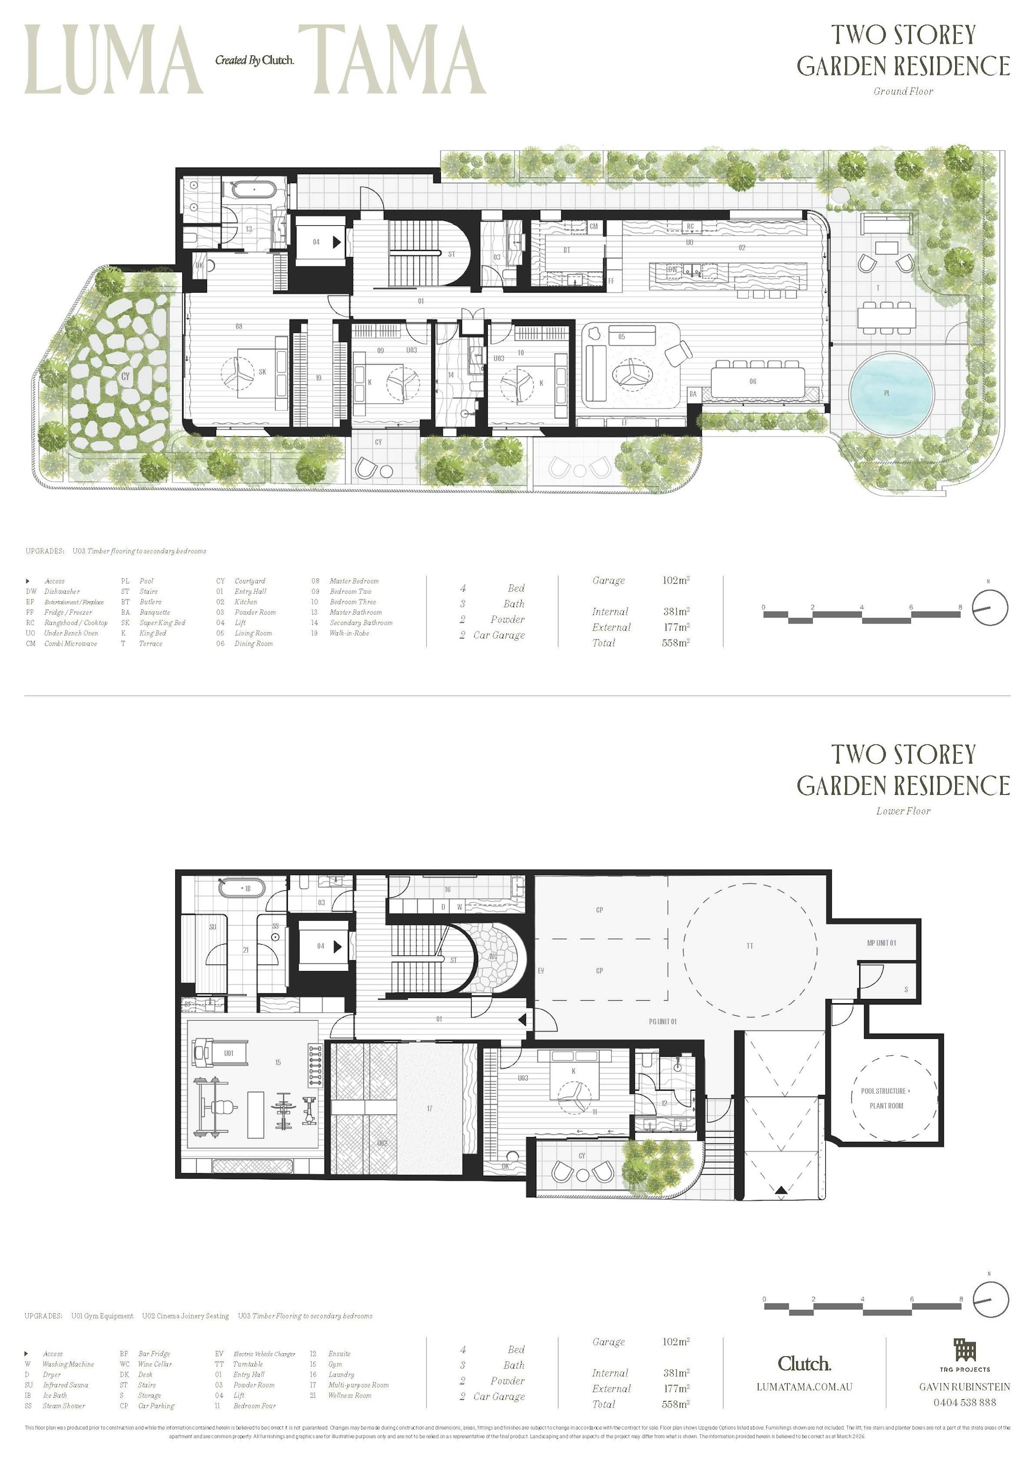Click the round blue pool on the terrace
point(891,393)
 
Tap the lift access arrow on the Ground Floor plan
point(336,242)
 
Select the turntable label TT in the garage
point(750,946)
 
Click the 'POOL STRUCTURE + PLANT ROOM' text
point(886,1098)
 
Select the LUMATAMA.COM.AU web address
point(804,1386)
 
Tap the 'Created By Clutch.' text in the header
point(254,60)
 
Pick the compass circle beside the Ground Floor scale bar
point(990,607)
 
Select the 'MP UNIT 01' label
point(881,943)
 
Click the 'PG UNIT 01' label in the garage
point(663,1022)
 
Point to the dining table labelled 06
point(756,382)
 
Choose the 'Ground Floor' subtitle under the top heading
point(903,91)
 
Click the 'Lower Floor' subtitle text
point(903,811)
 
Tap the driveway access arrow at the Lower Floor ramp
point(781,1190)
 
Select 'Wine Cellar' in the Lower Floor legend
point(155,1364)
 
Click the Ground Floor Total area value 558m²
point(675,643)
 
